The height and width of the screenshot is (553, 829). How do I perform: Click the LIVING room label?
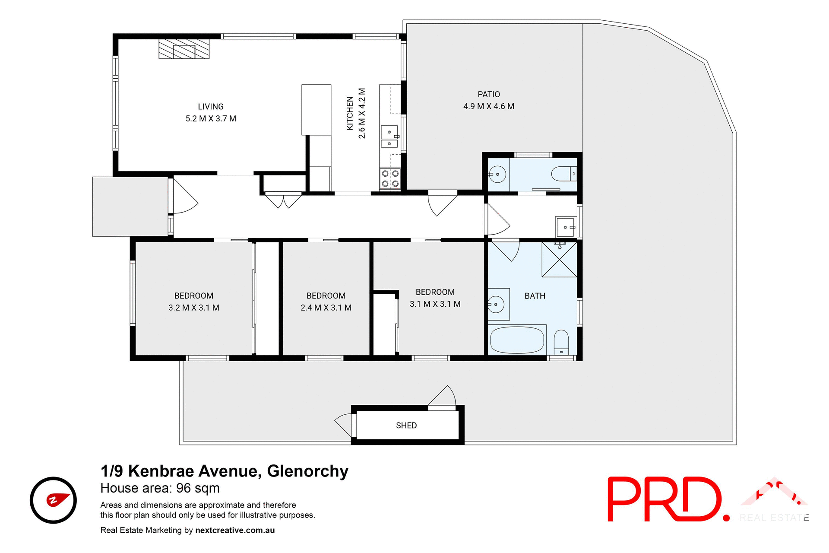(211, 107)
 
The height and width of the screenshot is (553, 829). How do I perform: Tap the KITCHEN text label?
(350, 113)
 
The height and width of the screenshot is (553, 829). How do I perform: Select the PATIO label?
(489, 95)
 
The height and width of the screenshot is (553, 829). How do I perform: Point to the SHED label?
(406, 426)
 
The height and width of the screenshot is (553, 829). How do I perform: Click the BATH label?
(535, 296)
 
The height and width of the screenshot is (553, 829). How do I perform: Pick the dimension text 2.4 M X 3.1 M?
(326, 308)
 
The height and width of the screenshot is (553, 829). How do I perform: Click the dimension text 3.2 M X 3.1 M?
(194, 308)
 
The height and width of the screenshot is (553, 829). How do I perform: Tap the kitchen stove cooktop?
(390, 179)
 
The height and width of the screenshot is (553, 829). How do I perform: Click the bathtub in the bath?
(517, 340)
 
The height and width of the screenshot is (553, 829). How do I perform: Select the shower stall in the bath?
(560, 260)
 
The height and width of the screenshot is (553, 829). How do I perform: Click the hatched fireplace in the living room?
(184, 49)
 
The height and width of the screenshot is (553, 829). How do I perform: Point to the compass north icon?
(53, 500)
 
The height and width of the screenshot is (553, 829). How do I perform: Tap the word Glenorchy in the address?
(308, 471)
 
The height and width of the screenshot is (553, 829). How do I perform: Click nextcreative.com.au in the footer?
(235, 530)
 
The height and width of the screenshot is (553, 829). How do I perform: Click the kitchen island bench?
(316, 110)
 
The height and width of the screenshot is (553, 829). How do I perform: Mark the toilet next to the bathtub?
(561, 342)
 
